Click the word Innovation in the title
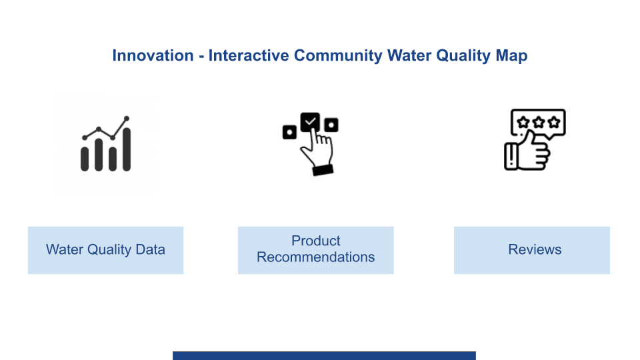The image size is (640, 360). (x=153, y=55)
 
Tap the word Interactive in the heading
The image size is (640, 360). (x=249, y=55)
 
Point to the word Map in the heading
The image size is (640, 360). (x=511, y=56)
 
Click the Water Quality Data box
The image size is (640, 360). (x=106, y=250)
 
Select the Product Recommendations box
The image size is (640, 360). (x=315, y=250)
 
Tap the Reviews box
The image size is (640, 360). (x=532, y=250)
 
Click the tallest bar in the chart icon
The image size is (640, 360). (x=127, y=149)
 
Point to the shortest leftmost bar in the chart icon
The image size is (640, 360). (x=85, y=159)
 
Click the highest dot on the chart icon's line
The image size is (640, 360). (x=127, y=119)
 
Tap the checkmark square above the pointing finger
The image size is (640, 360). (x=310, y=121)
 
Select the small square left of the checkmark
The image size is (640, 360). (x=289, y=132)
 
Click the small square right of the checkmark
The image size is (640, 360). (x=331, y=125)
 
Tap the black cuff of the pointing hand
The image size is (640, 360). (x=323, y=170)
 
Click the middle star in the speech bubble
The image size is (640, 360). (x=539, y=122)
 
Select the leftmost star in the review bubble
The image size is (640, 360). (x=523, y=122)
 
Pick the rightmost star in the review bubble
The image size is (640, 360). (x=554, y=122)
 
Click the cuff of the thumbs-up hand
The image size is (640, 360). (x=511, y=156)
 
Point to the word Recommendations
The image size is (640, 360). (x=315, y=257)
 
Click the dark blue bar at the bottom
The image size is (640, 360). (x=324, y=355)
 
